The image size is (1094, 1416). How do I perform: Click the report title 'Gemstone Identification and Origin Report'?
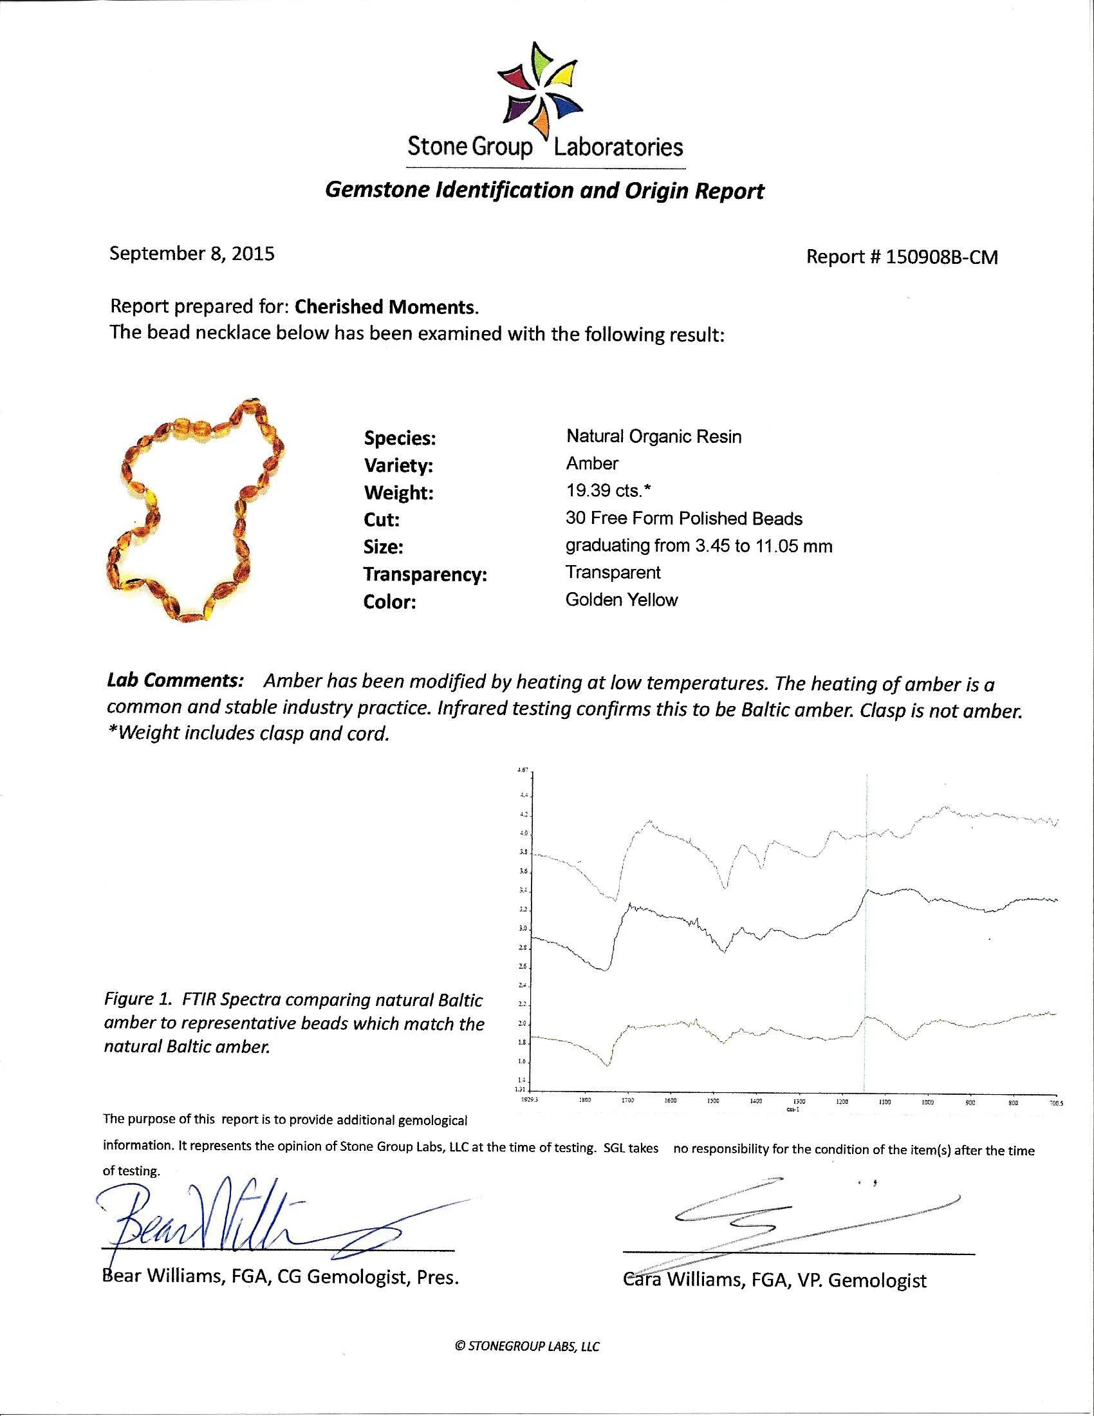[x=544, y=191]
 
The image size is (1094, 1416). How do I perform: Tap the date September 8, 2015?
[x=192, y=254]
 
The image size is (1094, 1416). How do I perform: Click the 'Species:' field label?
[x=399, y=439]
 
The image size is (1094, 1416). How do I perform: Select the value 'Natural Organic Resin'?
[x=653, y=436]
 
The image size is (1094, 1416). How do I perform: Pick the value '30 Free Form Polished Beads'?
[x=683, y=519]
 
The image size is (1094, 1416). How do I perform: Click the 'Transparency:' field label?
[x=425, y=574]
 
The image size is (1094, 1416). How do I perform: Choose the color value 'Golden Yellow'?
[x=622, y=600]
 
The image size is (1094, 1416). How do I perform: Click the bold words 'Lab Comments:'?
[x=175, y=682]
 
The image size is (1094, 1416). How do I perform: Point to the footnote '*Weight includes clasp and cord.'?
[x=248, y=734]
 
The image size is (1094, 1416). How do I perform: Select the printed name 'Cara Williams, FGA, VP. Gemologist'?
[x=774, y=1280]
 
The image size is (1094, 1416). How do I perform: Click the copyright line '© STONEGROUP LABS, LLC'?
[x=528, y=1346]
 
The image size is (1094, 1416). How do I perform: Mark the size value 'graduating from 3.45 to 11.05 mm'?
[x=699, y=546]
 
